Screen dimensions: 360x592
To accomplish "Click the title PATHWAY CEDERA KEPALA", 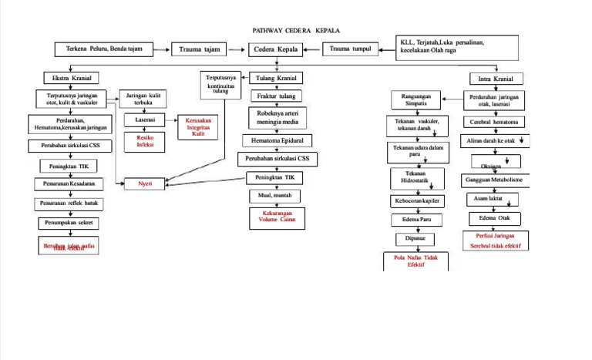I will [296, 30].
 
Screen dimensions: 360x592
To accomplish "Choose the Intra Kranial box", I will [496, 79].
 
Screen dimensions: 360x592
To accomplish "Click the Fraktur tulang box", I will [274, 96].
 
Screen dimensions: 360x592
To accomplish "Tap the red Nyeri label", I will [145, 183].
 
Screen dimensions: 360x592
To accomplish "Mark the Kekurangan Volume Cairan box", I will [277, 218].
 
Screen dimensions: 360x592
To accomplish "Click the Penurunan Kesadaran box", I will [69, 184].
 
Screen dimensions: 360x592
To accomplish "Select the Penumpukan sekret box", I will [69, 224].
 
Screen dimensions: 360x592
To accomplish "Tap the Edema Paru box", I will [415, 220].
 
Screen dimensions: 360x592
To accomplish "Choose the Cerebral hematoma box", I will [494, 123].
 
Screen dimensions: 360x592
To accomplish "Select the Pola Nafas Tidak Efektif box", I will [415, 261].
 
